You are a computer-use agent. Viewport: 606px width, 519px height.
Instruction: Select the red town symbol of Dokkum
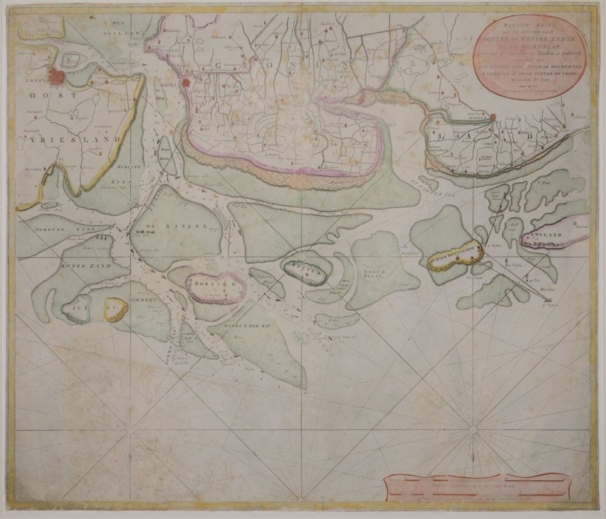pos(493,117)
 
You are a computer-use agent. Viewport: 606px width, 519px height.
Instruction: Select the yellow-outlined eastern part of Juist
pos(115,309)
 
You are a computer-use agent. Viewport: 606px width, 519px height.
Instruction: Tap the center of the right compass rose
pos(472,431)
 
